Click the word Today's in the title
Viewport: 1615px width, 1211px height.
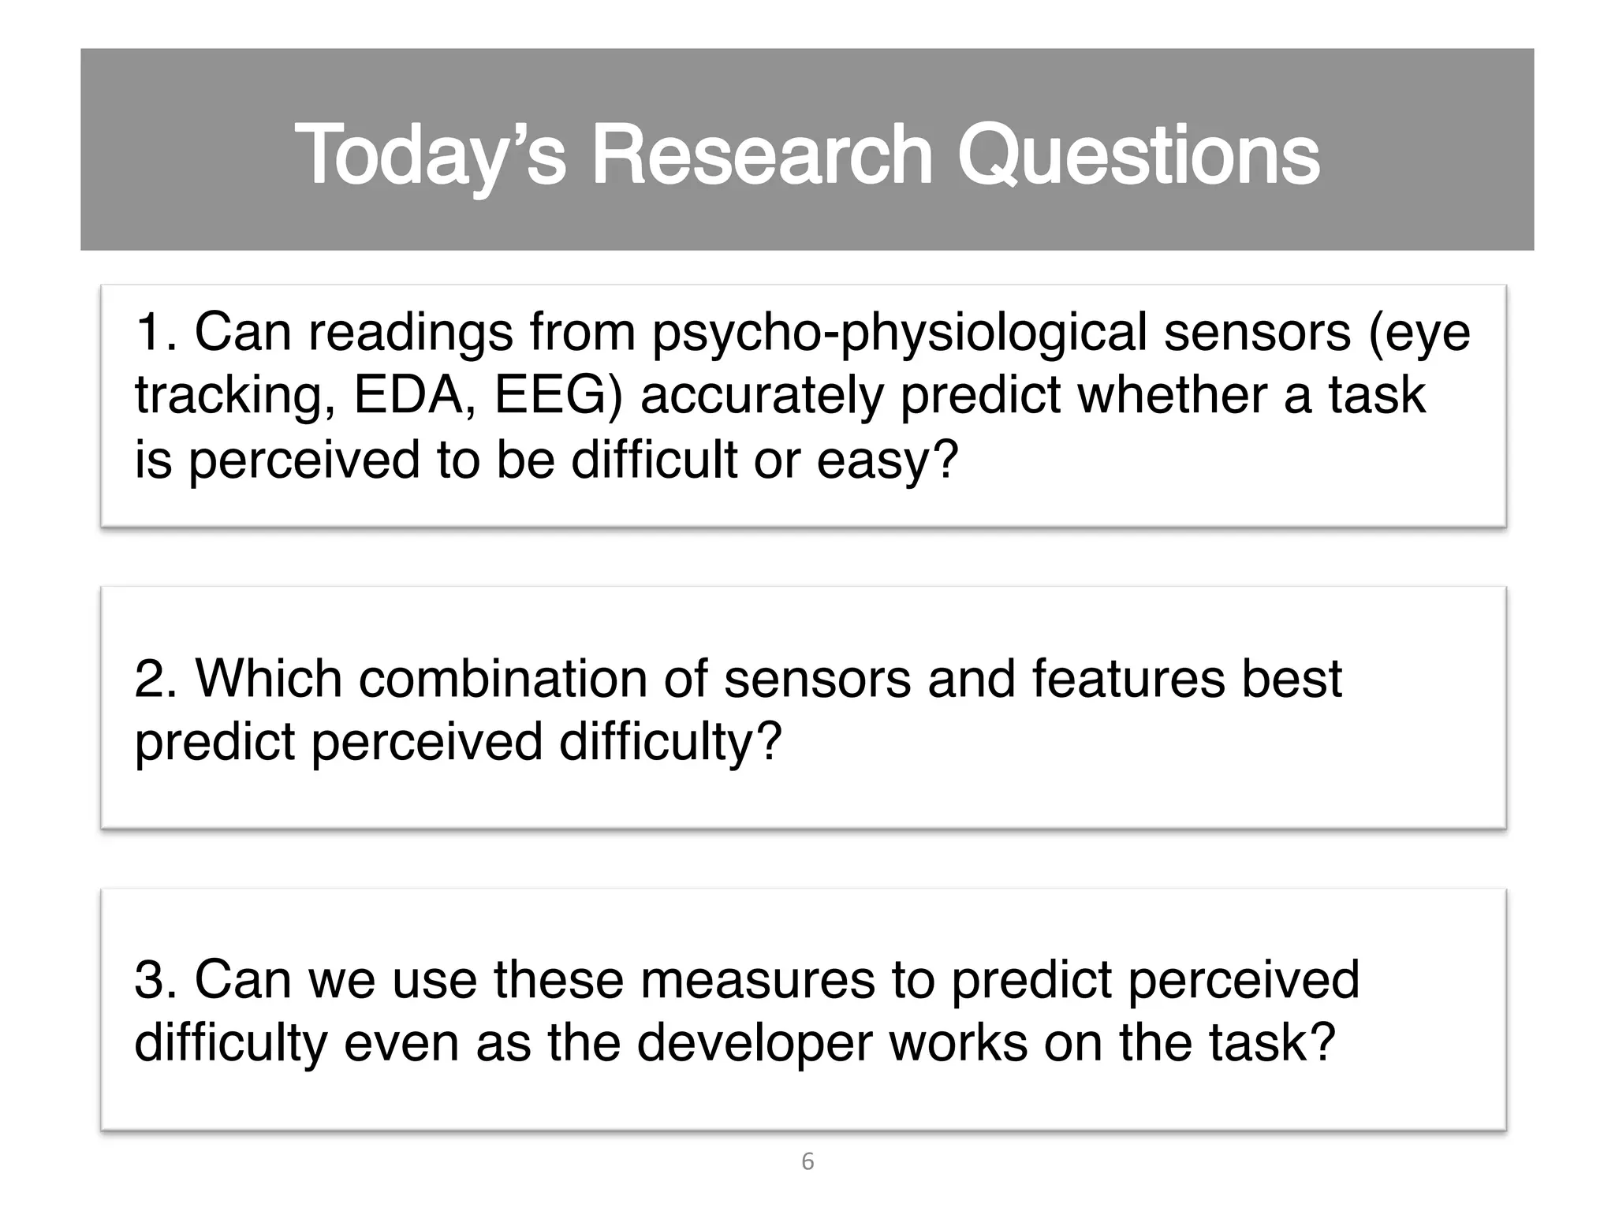[430, 155]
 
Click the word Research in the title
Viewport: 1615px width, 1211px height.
[762, 155]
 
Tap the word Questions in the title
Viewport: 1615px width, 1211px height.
[1138, 155]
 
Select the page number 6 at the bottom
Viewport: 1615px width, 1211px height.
[807, 1161]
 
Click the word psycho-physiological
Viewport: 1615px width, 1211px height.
[899, 332]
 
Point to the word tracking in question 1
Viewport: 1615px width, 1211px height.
[227, 396]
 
